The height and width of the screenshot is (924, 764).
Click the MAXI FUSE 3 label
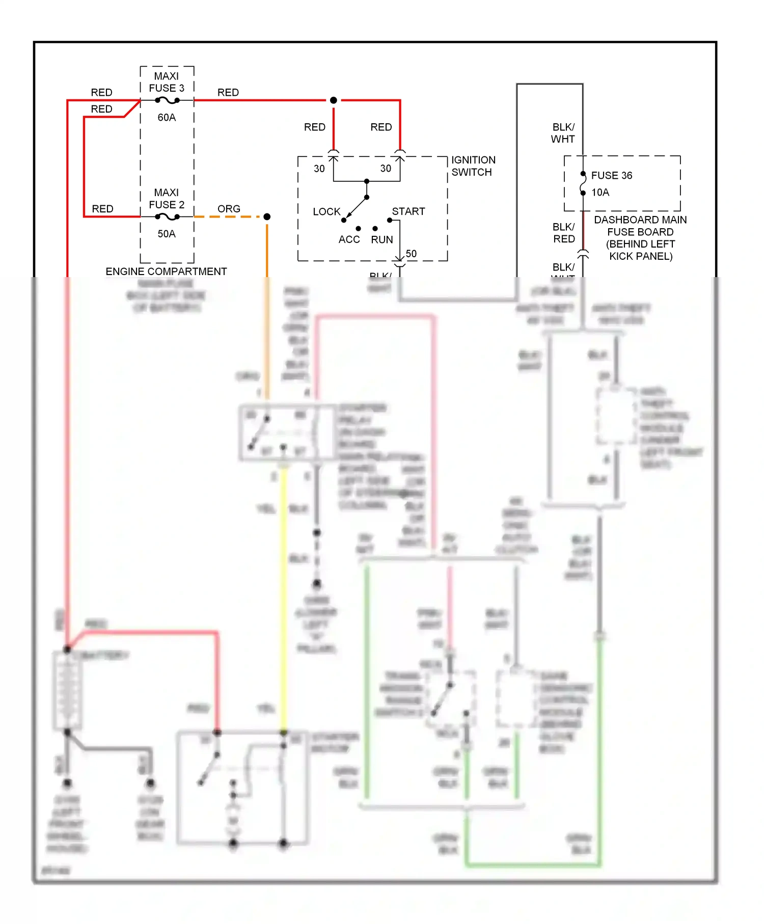point(167,82)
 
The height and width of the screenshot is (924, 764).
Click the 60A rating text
point(167,118)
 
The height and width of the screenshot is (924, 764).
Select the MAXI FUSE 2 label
point(167,199)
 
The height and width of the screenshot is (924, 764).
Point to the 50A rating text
point(167,234)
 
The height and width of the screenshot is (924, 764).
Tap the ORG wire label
point(229,209)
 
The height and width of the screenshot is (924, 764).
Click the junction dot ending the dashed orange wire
point(267,217)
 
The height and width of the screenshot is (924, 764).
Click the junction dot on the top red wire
point(334,100)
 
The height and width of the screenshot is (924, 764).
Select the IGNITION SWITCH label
point(473,166)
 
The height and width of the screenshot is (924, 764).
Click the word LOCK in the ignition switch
point(326,211)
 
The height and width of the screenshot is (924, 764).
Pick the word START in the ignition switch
point(408,211)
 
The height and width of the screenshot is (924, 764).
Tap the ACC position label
point(349,239)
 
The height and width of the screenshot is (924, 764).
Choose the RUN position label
point(382,239)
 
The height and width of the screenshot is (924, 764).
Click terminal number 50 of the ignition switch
point(411,254)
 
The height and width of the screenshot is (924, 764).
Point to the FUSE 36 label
point(611,176)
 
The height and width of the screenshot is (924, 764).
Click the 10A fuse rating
point(600,193)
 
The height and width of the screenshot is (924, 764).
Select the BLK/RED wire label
point(564,233)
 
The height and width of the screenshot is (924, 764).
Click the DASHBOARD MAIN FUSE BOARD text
point(640,226)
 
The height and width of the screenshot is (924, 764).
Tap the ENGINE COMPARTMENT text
point(166,271)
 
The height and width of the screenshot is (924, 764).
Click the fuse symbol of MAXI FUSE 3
point(167,100)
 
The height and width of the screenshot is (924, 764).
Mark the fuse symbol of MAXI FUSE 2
point(167,217)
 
